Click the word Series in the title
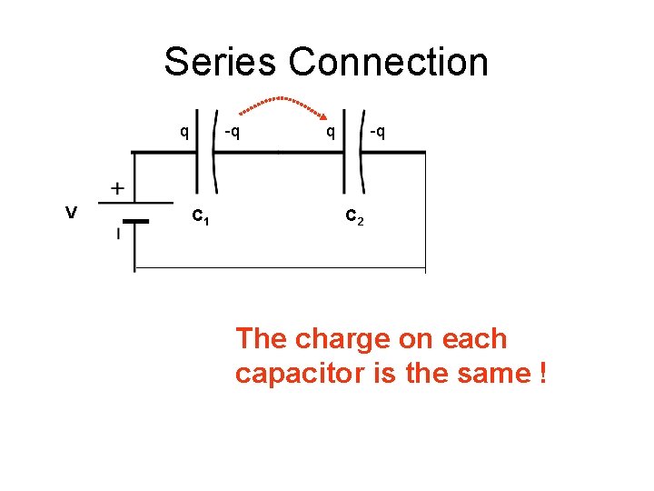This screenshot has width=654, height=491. [x=221, y=63]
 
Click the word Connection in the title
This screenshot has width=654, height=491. [x=389, y=63]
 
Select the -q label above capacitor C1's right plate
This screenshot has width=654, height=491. [x=233, y=133]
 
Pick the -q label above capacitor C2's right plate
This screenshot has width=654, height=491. [x=378, y=133]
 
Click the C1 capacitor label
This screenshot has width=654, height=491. [x=201, y=217]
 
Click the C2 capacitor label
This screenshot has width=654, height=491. [x=354, y=217]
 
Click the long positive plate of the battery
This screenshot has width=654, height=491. [x=136, y=202]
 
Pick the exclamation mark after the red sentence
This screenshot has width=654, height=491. [x=541, y=373]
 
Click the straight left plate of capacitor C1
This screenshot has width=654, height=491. [x=196, y=153]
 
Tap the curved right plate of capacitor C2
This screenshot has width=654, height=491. [x=361, y=153]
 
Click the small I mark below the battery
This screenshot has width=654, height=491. [x=117, y=235]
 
